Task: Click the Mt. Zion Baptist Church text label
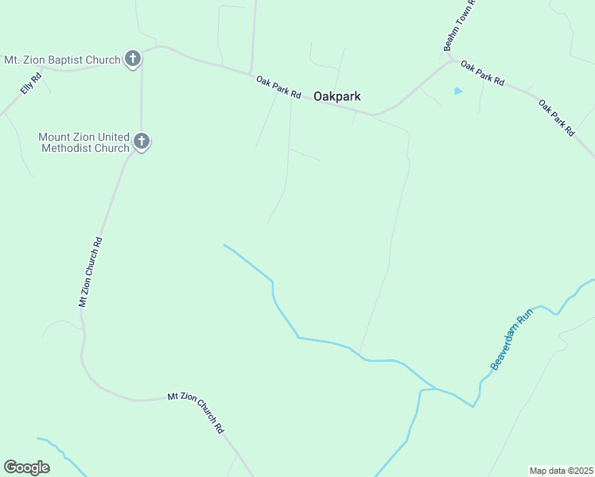pos(62,60)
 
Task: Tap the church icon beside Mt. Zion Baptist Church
pos(133,59)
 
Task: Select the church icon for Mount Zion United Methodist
pos(142,142)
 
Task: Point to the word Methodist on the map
pos(84,148)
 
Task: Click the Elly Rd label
pos(30,85)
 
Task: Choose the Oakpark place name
pos(337,96)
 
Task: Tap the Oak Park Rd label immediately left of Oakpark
pos(278,87)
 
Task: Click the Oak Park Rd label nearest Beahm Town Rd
pos(483,75)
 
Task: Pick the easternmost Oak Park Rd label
pos(557,118)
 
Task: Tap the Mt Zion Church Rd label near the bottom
pos(196,412)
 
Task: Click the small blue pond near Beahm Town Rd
pos(457,91)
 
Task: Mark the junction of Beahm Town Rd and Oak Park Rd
pos(451,60)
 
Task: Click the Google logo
pos(26,467)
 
